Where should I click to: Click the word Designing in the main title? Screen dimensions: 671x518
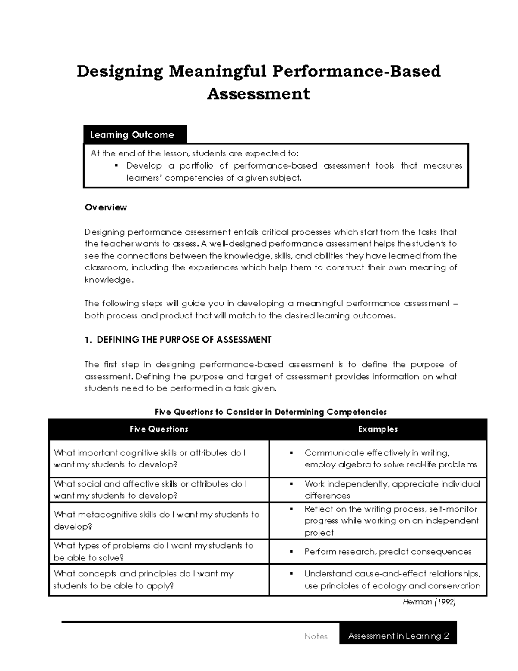tap(120, 72)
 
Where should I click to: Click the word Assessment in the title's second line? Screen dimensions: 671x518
tap(259, 94)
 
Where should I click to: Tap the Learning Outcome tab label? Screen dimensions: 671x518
tap(132, 135)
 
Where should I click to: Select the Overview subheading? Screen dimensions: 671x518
tap(106, 207)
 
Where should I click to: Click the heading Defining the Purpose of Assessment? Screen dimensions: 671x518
tap(178, 340)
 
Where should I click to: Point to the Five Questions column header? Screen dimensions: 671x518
tap(159, 429)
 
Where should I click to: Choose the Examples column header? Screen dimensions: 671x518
tap(378, 429)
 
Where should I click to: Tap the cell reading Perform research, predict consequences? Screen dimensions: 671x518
tap(388, 552)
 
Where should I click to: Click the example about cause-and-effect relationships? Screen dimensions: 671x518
tap(392, 580)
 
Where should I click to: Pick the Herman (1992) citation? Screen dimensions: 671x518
tap(429, 602)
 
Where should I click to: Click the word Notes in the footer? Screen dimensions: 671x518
tap(316, 636)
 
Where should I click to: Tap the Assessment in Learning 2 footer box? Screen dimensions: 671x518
tap(398, 636)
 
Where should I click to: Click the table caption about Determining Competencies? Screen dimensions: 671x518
tap(271, 412)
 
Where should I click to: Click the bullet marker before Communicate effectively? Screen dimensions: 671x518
tap(291, 453)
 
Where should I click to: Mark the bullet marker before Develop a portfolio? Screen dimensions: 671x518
tap(117, 165)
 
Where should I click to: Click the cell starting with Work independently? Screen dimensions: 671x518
tap(392, 490)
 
